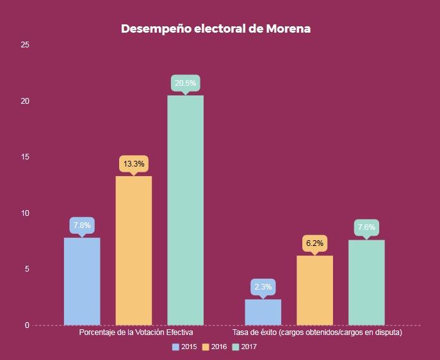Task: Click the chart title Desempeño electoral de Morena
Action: (x=216, y=29)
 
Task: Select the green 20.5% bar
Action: (x=185, y=210)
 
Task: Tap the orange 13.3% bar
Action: (x=133, y=250)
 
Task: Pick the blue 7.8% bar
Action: (x=82, y=281)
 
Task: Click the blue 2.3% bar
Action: (x=263, y=312)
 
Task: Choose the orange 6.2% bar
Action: (x=314, y=290)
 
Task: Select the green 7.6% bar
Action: (x=366, y=282)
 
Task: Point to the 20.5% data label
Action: (x=186, y=83)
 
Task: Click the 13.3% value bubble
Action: (x=133, y=163)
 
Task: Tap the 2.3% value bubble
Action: (x=263, y=287)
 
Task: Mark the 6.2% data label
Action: (x=314, y=243)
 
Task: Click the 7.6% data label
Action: (x=366, y=227)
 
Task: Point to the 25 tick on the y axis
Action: (x=25, y=45)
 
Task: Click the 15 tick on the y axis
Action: (x=25, y=157)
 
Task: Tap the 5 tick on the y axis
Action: (x=27, y=269)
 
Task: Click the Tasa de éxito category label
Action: (x=317, y=334)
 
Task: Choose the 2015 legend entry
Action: (x=184, y=347)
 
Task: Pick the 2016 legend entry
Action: (x=215, y=347)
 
